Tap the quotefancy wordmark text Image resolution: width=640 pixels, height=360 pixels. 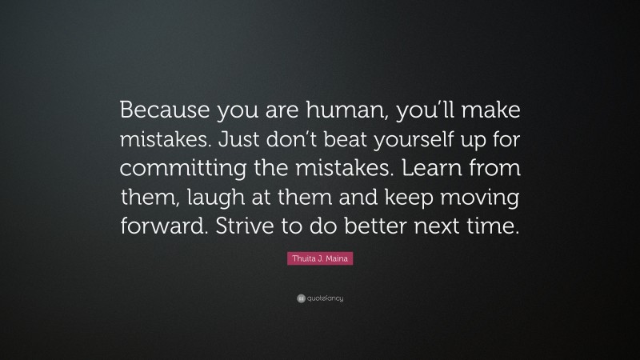[326, 298]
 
